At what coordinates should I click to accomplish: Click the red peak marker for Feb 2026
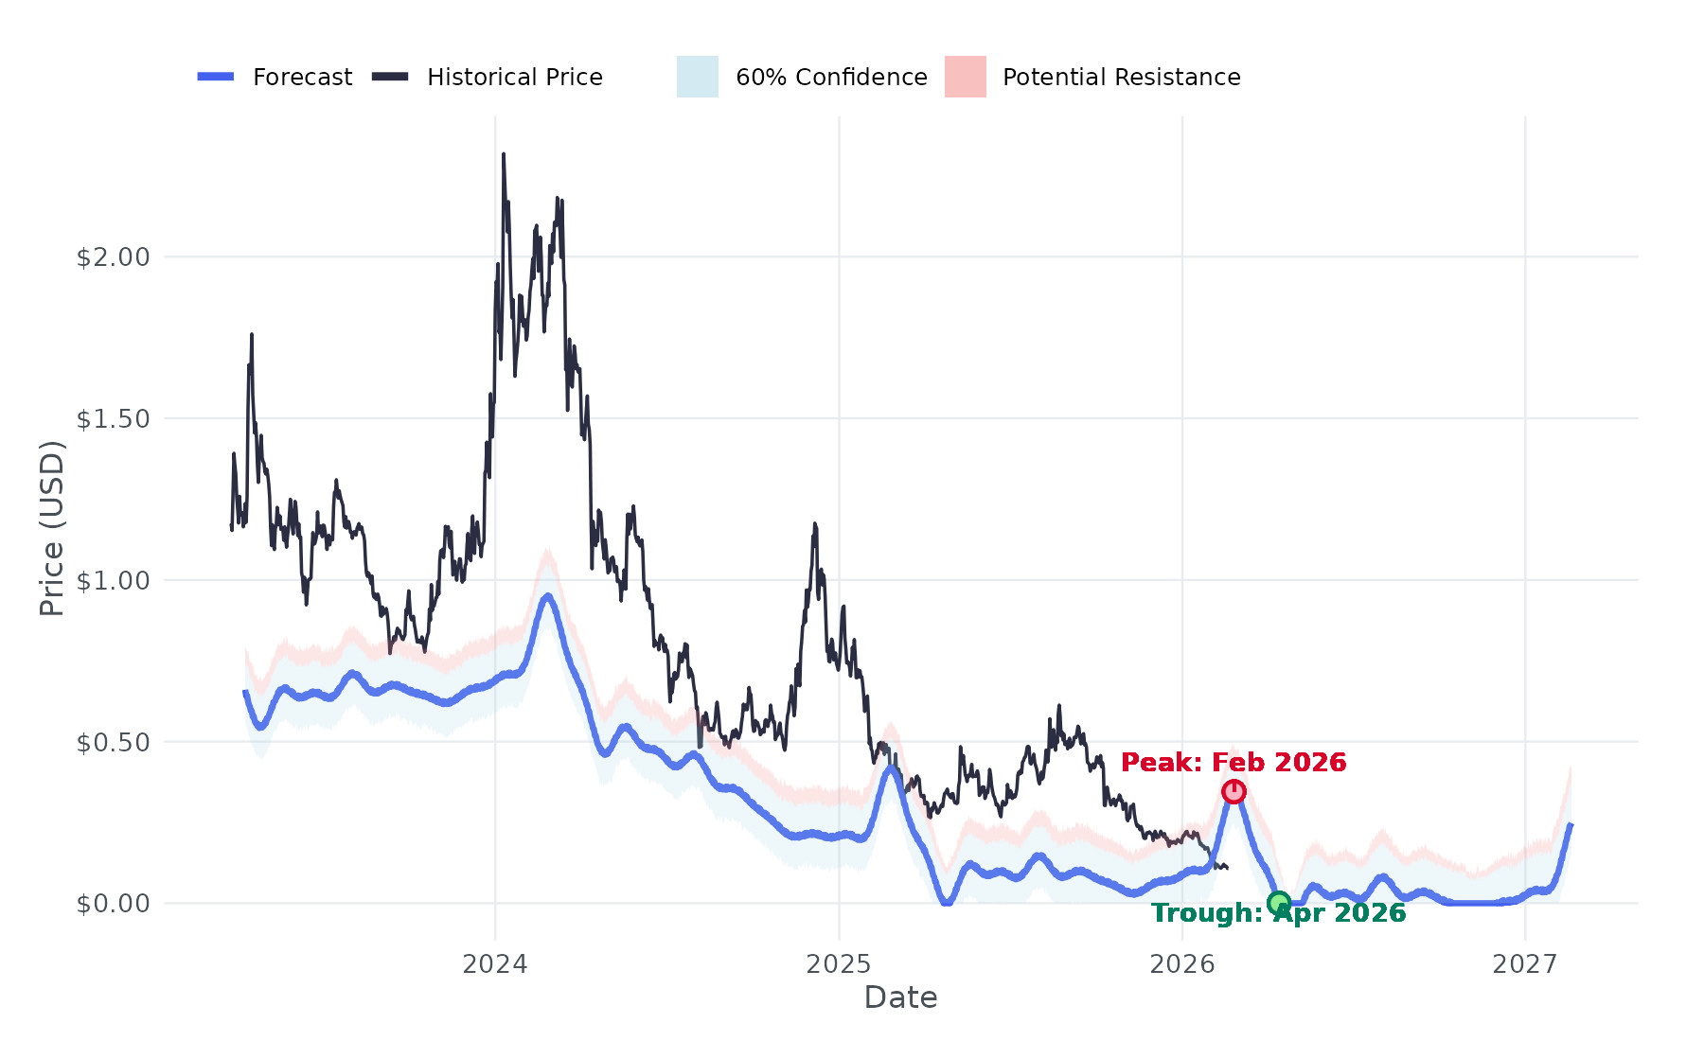coord(1234,791)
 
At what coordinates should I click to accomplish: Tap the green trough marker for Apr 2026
coord(1279,903)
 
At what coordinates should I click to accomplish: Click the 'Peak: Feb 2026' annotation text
coord(1233,763)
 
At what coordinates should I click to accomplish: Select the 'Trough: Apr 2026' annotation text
coord(1278,913)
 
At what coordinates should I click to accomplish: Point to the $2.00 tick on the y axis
coord(114,257)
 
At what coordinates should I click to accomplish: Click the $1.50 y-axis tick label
coord(114,419)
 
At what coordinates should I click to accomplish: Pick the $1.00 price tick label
coord(114,581)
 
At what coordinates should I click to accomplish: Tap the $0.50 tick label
coord(114,743)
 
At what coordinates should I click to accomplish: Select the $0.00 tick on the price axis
coord(114,904)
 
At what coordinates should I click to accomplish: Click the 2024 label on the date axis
coord(494,964)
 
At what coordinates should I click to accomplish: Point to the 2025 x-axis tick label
coord(838,964)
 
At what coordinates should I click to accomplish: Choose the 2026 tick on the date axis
coord(1181,964)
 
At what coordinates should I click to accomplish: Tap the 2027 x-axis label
coord(1525,964)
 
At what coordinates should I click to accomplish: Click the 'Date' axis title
coord(900,997)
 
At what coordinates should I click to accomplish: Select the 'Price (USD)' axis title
coord(52,528)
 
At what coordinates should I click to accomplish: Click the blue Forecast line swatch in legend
coord(216,77)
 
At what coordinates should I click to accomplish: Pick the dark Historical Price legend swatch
coord(390,77)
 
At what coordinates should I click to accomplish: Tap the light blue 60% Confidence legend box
coord(698,77)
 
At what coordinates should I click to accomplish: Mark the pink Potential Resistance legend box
coord(965,77)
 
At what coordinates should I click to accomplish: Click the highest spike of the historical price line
coord(504,154)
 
